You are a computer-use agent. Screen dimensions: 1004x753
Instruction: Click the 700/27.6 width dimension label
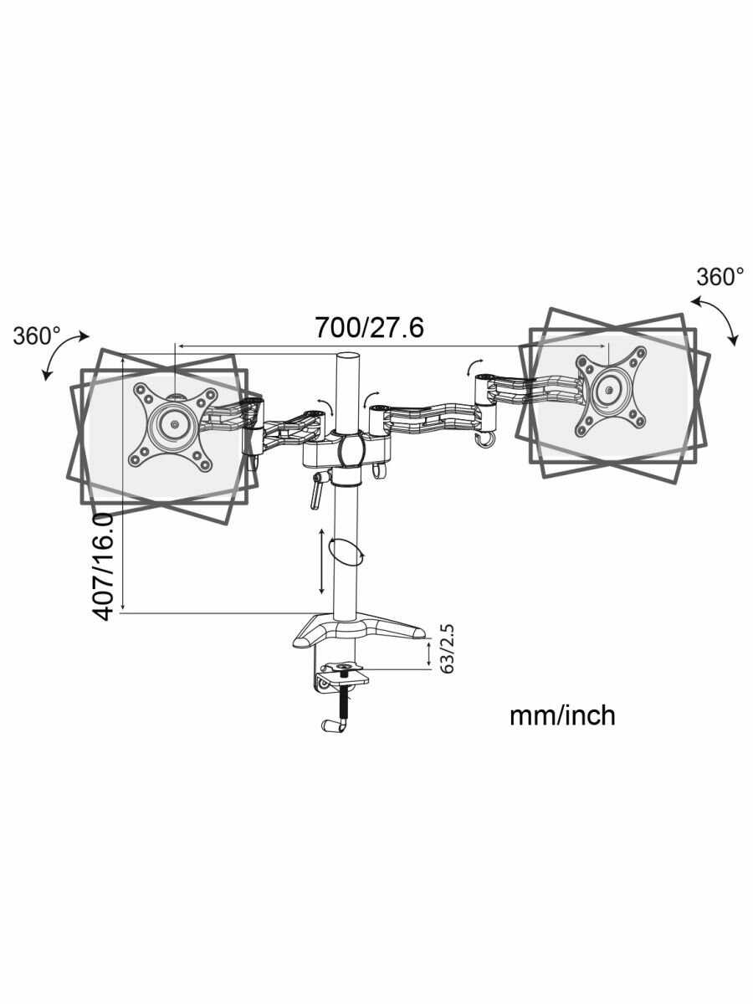(x=369, y=327)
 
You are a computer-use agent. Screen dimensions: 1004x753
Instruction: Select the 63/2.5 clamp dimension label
(x=448, y=649)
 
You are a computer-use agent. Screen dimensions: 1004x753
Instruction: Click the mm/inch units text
(x=562, y=715)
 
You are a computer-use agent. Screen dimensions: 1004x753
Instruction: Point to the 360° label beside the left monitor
(x=37, y=336)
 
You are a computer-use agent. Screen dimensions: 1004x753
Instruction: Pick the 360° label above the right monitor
(x=720, y=277)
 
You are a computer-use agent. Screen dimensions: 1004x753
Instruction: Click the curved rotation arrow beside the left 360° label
(x=63, y=356)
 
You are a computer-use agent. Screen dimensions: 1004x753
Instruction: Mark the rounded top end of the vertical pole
(x=346, y=356)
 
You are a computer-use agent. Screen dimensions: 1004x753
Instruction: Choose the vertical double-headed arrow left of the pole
(x=323, y=560)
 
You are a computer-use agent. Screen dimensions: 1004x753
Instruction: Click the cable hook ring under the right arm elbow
(x=484, y=439)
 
